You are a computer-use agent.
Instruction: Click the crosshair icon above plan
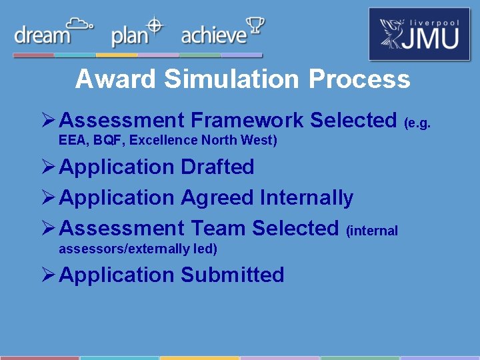point(155,25)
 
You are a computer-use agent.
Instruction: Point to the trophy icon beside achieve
point(255,27)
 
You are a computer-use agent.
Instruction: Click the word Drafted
point(217,167)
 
